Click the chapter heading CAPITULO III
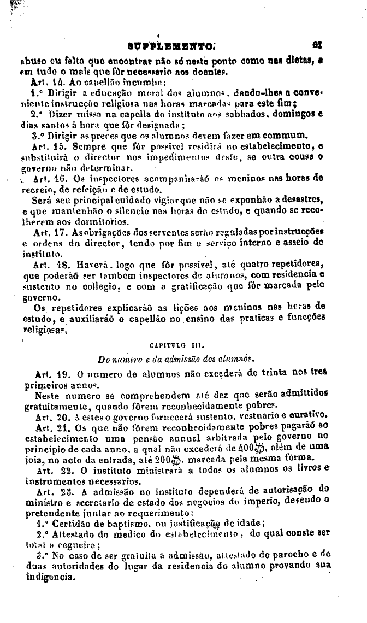(x=183, y=345)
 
